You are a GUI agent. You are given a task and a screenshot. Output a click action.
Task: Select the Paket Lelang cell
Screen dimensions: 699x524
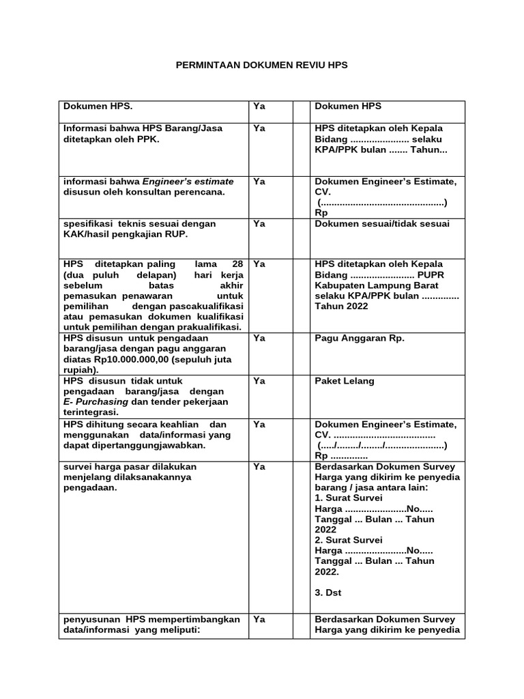point(345,381)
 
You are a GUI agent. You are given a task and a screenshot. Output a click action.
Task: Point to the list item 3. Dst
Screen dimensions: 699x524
point(327,593)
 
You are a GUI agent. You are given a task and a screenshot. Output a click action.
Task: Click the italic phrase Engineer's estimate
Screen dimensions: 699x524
point(188,181)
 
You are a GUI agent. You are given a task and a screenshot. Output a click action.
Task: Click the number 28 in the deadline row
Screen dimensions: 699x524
point(237,263)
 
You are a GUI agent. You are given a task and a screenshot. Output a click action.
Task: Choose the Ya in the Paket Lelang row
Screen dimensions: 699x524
point(259,381)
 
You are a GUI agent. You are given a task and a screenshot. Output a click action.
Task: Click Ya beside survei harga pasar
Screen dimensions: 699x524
point(259,466)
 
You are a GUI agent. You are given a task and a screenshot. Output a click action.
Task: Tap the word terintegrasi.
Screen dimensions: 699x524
point(91,412)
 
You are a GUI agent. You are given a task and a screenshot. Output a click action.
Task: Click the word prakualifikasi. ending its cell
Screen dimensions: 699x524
point(209,327)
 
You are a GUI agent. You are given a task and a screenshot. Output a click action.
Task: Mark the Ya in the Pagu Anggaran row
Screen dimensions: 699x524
point(259,337)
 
